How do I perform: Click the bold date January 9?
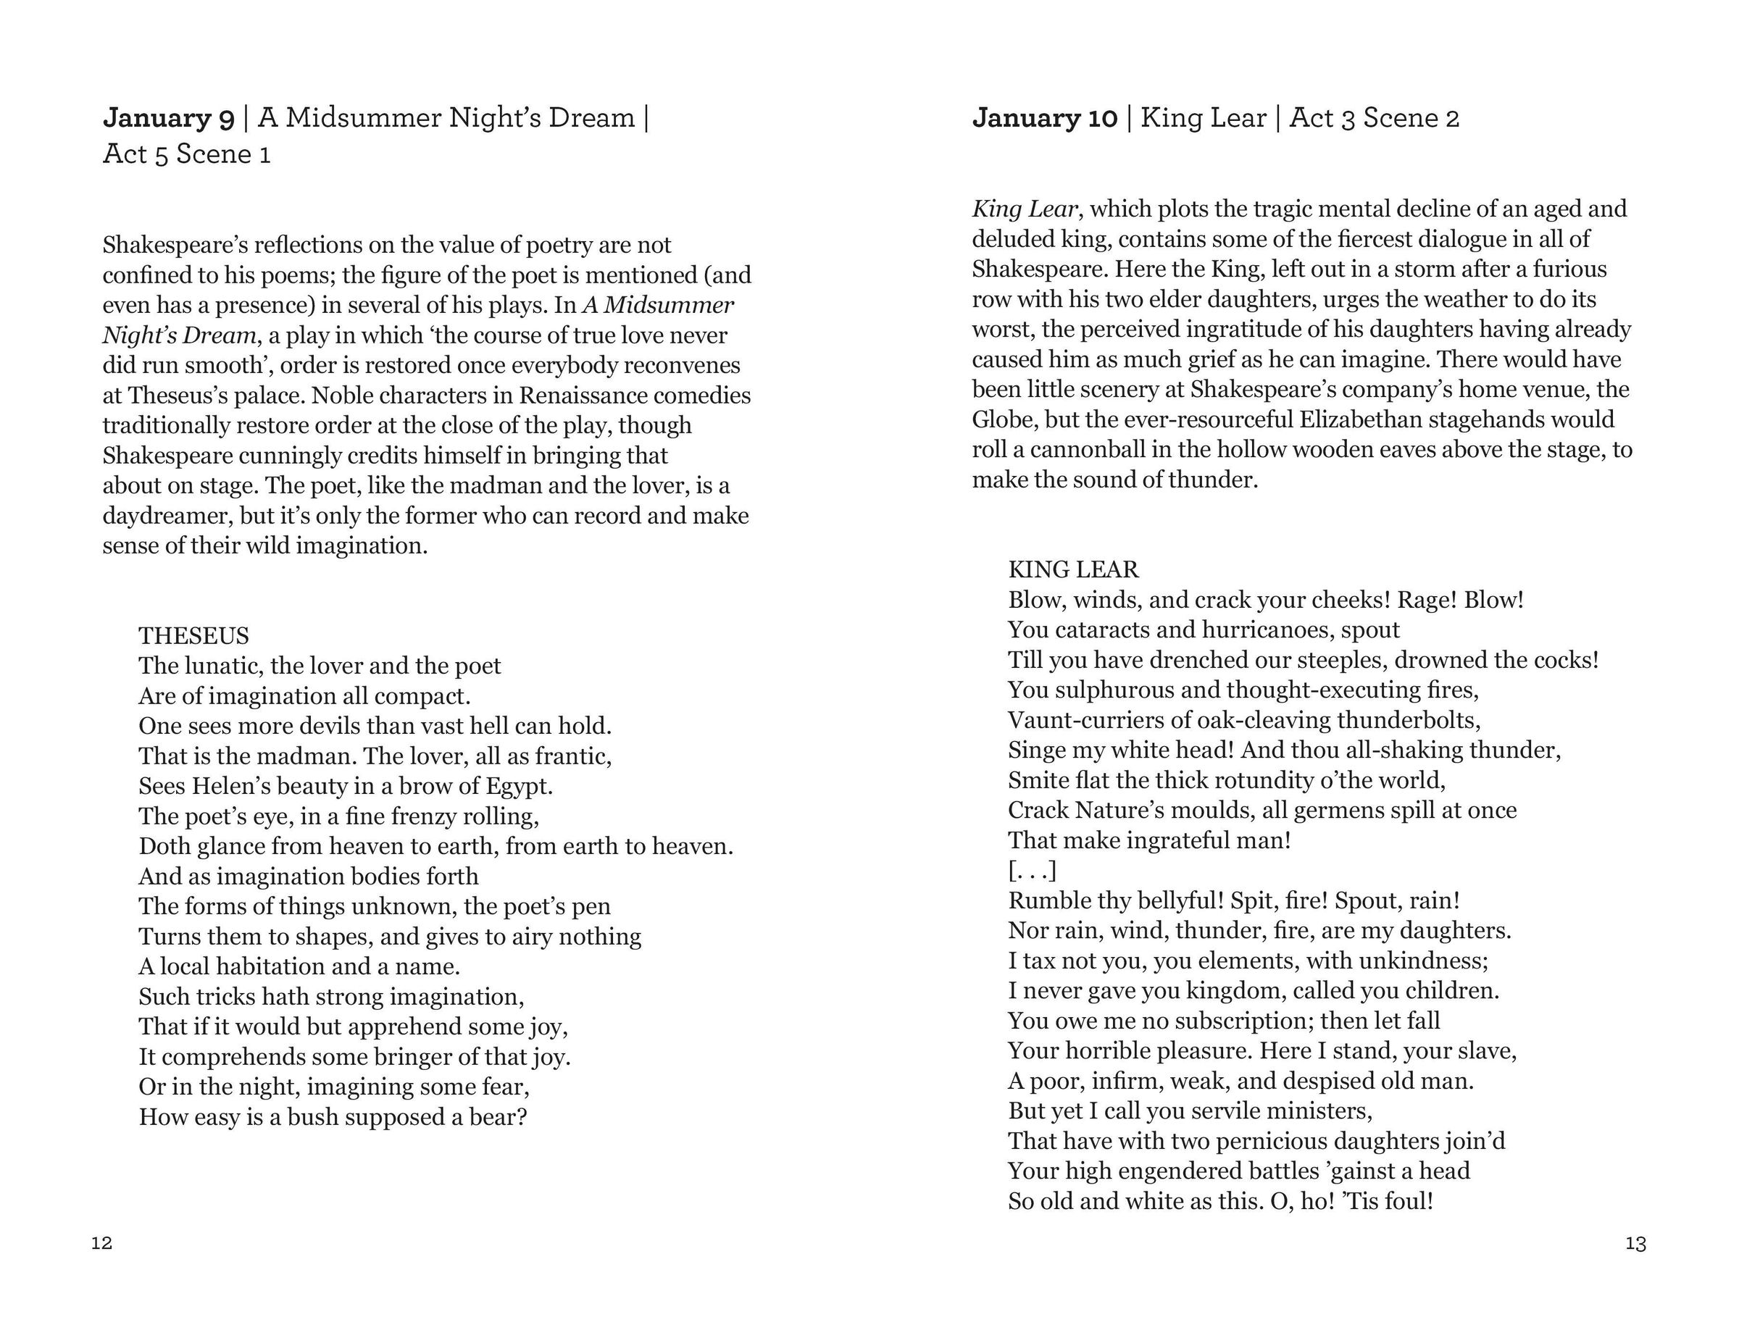(169, 118)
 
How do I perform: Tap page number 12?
(101, 1243)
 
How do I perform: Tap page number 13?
(1635, 1244)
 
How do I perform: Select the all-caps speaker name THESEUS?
(193, 636)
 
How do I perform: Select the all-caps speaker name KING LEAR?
(1073, 569)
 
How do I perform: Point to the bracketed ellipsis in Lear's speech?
(1032, 871)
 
